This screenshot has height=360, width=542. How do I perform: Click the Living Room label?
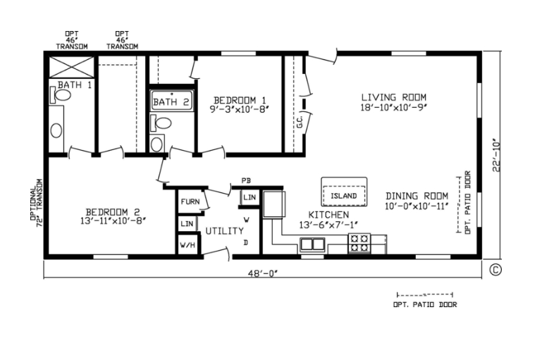[394, 97]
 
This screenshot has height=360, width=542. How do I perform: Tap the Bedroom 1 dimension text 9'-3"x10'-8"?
[240, 109]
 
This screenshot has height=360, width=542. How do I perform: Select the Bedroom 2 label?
[113, 212]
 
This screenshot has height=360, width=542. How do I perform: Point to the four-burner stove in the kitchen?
[359, 243]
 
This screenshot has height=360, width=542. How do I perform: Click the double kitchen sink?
[312, 244]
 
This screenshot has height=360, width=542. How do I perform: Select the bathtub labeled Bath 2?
[171, 101]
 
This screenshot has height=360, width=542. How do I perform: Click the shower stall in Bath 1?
[72, 67]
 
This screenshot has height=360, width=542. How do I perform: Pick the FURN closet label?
[190, 201]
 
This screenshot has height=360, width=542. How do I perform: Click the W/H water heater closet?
[187, 245]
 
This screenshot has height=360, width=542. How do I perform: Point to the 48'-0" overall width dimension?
[263, 273]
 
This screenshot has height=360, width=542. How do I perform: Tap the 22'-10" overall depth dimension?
[496, 155]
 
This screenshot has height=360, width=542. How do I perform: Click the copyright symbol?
[495, 270]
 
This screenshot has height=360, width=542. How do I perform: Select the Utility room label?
[225, 231]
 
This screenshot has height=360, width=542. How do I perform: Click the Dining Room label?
[417, 196]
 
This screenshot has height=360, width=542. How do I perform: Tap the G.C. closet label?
[300, 122]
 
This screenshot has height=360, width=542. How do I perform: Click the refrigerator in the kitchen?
[274, 204]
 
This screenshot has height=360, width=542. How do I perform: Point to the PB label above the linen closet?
[246, 180]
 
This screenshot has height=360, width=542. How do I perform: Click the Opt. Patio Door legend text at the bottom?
[425, 305]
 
